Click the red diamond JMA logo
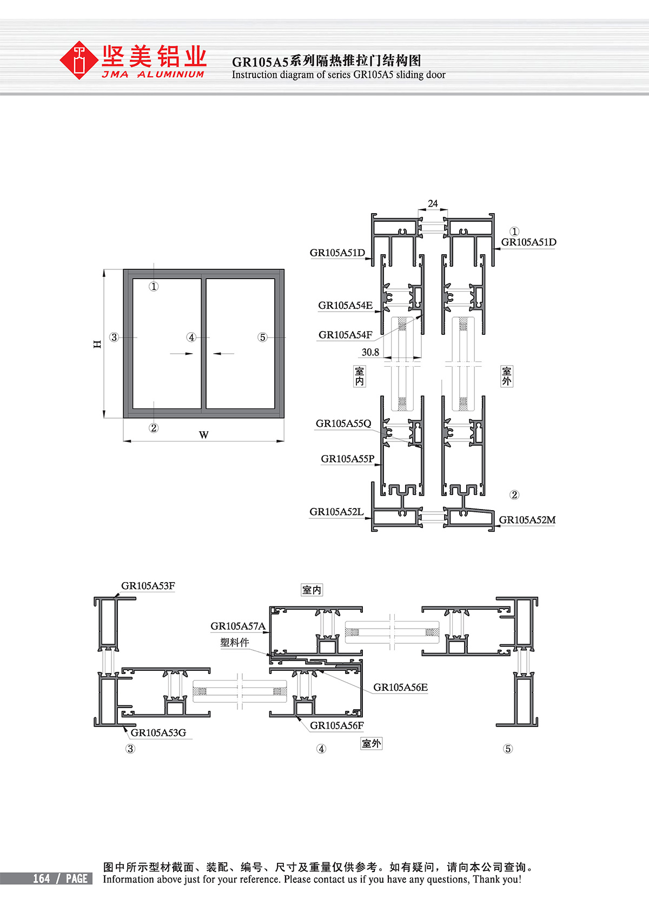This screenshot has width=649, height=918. pos(78,60)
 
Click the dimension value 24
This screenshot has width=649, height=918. pos(433,203)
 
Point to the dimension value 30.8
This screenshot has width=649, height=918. pos(370,352)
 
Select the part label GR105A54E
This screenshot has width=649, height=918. pos(346,305)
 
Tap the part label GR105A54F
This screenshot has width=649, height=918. pos(346,335)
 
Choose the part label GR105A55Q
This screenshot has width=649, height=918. pos(343,424)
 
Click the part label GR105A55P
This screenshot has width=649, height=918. pos(347,459)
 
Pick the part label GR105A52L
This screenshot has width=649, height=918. pos(336,511)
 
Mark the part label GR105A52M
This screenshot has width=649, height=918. pos(527,520)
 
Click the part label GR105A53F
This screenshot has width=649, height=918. pos(148,586)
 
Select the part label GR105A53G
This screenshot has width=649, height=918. pos(158,732)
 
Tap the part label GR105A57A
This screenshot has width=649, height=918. pos(238,626)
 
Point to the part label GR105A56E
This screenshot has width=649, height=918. pos(400,687)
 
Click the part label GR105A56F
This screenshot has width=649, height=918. pos(337,725)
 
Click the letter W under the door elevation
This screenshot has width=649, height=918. pos(204,435)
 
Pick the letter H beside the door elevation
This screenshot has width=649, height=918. pos(97,344)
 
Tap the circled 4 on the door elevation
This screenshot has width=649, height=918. pos(191,337)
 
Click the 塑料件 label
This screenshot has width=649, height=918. pos(234,642)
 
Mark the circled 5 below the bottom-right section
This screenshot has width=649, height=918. pos(508,749)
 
